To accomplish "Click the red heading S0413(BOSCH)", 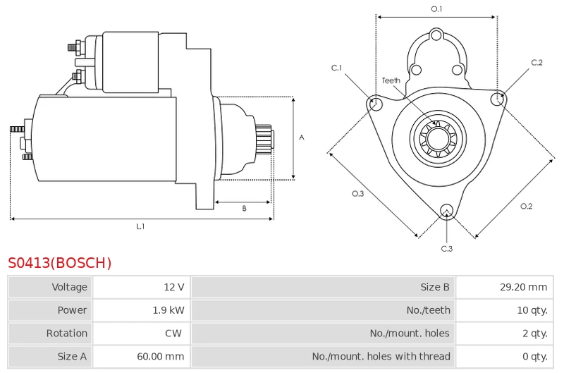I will (x=60, y=263).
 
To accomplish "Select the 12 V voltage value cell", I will (x=173, y=287).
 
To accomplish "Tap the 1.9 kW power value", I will (x=168, y=310).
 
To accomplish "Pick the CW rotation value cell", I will (x=173, y=334).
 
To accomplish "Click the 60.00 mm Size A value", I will (x=161, y=357).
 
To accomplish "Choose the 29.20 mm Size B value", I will (x=523, y=287).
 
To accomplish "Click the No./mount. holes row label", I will (x=409, y=334).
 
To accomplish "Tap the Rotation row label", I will (x=67, y=334).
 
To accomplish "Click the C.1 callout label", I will (x=337, y=68).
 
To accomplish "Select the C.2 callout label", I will (x=537, y=63).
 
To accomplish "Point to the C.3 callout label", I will (x=446, y=248).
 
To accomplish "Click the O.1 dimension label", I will (x=436, y=9).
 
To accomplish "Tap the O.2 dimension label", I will (x=526, y=206).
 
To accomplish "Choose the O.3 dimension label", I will (x=358, y=194).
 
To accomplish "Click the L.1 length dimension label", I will (x=140, y=226).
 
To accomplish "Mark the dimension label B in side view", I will (x=244, y=208).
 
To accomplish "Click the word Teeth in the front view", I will (x=391, y=80).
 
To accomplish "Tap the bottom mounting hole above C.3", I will (x=446, y=209).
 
